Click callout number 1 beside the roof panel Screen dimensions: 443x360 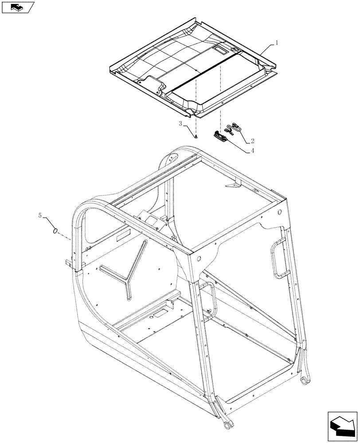click(x=277, y=43)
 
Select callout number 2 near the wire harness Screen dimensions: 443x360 click(x=252, y=141)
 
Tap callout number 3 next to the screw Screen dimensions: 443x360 click(x=180, y=124)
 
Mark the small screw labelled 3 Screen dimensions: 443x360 click(x=195, y=136)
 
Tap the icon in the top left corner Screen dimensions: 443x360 click(x=18, y=7)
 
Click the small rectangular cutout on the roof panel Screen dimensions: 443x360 click(x=220, y=50)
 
